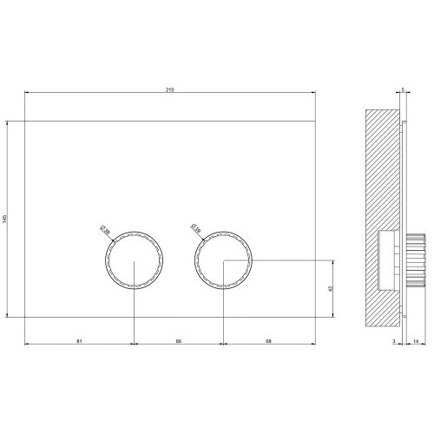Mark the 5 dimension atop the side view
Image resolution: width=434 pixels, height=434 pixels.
(x=404, y=89)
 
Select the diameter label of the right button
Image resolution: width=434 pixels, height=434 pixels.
(x=195, y=230)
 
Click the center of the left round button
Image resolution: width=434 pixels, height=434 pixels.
(x=134, y=260)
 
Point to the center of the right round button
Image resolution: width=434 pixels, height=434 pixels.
(x=224, y=260)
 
